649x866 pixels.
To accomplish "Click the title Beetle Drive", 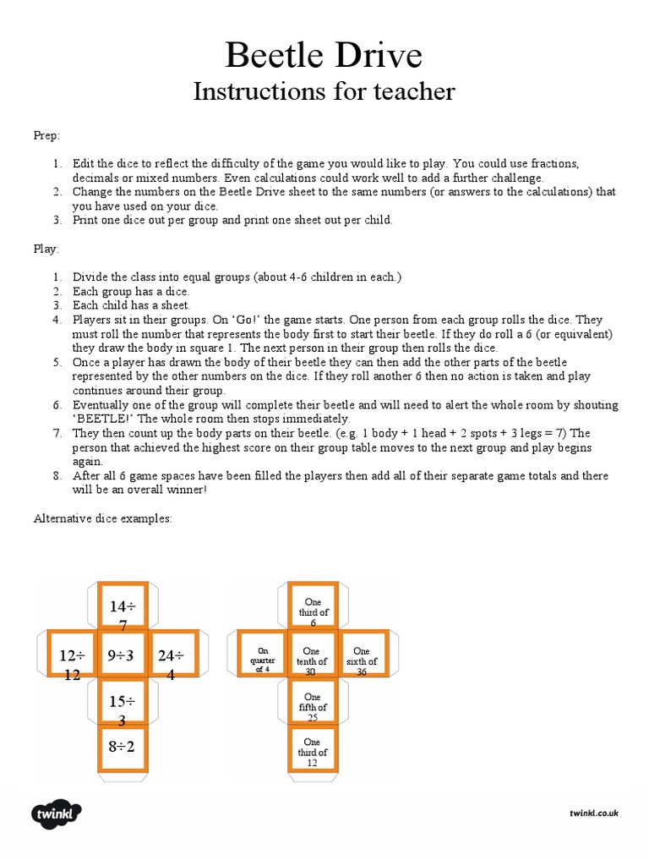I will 324,56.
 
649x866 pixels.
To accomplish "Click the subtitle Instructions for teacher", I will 324,91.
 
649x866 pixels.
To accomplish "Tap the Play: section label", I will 46,249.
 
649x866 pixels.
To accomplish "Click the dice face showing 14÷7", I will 123,607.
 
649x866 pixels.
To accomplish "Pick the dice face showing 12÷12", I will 73,655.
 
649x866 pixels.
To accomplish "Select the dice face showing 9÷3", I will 123,655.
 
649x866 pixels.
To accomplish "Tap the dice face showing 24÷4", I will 172,655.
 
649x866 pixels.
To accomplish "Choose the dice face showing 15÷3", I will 123,704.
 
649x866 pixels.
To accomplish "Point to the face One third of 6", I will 314,607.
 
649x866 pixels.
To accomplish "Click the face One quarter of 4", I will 264,655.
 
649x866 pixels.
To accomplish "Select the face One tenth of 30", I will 314,655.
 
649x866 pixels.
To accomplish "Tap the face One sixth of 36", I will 363,655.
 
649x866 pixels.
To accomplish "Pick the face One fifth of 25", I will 314,704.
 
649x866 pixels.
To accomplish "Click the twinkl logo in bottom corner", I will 57,814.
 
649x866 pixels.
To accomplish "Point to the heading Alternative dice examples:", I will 102,518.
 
